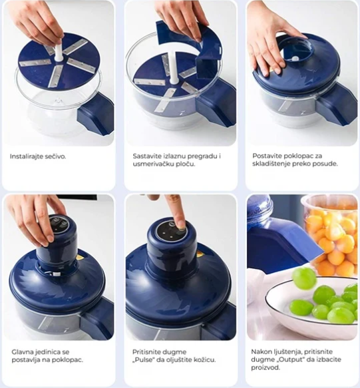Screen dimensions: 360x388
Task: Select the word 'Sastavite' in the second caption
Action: coord(147,156)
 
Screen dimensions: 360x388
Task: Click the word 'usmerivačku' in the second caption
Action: coord(150,164)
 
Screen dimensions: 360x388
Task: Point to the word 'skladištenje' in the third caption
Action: coord(271,164)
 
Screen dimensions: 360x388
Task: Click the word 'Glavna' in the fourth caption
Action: coord(22,352)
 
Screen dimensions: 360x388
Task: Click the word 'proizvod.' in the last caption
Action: coord(266,367)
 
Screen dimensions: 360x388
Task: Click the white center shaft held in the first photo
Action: coord(59,53)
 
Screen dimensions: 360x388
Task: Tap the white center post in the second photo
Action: coord(173,67)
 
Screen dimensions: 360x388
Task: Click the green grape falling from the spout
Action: coord(304,278)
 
